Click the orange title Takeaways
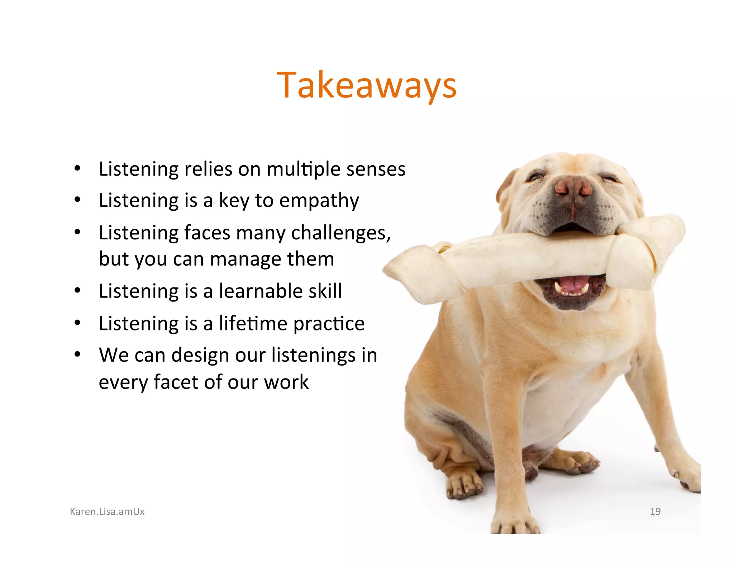point(367,85)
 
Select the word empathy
point(319,201)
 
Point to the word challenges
point(340,233)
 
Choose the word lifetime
point(253,323)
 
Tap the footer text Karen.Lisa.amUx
point(107,511)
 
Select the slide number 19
point(655,511)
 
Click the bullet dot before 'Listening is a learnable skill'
point(77,291)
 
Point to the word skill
point(325,291)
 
